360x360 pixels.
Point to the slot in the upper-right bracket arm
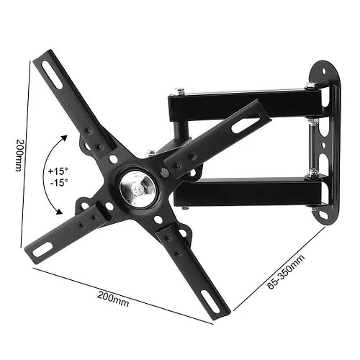246,125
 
